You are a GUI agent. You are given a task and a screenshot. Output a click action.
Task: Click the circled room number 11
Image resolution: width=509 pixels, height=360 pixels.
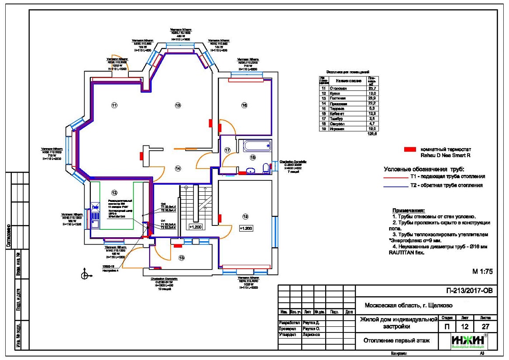(114, 105)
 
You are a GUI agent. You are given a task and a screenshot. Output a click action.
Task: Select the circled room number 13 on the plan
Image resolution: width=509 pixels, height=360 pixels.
(178, 105)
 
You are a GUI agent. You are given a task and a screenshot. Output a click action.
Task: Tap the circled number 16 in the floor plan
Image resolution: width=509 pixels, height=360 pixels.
(244, 105)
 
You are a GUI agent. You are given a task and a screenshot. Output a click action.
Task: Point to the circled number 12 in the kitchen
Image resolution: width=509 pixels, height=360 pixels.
(114, 192)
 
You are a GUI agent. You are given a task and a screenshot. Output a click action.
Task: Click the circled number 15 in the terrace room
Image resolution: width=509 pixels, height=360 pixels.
(182, 258)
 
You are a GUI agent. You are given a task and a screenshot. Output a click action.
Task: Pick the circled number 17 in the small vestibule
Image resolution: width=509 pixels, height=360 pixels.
(227, 150)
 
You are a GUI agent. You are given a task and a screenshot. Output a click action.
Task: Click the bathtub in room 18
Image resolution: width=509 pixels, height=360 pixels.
(257, 145)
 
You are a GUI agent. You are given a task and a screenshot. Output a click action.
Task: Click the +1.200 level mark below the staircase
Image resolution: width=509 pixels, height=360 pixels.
(195, 227)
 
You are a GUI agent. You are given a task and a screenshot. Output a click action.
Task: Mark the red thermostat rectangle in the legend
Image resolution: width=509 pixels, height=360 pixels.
(410, 149)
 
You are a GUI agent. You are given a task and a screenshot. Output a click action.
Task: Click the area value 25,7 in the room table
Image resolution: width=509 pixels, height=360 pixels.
(372, 89)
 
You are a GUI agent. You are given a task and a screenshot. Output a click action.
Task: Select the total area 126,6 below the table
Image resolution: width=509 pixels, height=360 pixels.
(372, 134)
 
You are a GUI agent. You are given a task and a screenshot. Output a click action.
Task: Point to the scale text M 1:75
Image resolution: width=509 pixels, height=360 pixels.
(482, 271)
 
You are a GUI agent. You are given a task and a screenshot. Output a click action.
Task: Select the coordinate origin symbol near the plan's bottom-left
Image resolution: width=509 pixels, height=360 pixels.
(85, 275)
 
